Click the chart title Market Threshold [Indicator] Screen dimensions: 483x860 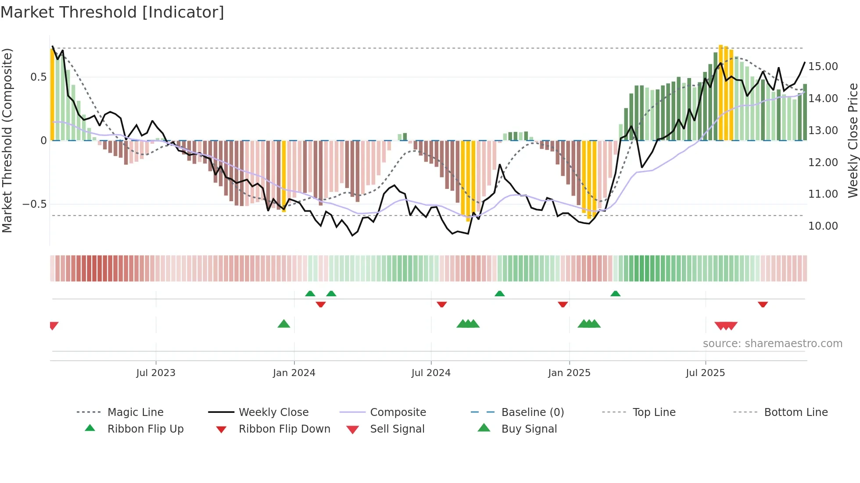tap(112, 12)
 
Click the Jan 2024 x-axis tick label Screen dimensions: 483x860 tap(294, 373)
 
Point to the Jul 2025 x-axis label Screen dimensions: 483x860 tap(705, 373)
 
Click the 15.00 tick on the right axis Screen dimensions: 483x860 tap(823, 67)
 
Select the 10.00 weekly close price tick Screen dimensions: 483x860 tap(823, 226)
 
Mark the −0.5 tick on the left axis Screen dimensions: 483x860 tap(34, 204)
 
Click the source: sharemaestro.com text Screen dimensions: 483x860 tap(772, 344)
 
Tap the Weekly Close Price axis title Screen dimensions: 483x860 tap(853, 140)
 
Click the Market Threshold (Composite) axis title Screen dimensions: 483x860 tap(7, 140)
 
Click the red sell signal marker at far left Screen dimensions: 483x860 tap(54, 325)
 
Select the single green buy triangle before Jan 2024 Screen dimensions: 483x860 tap(284, 324)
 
